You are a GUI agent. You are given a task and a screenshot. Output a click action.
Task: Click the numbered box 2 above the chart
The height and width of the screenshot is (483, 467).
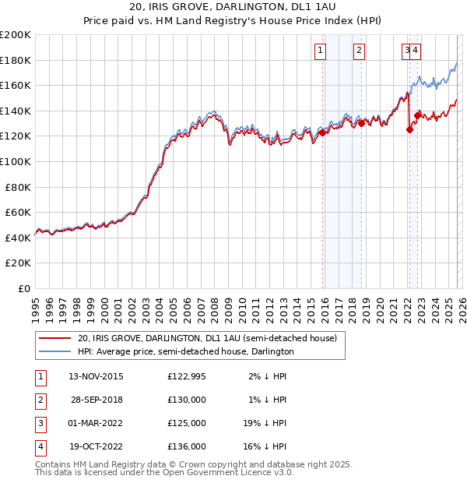click(359, 51)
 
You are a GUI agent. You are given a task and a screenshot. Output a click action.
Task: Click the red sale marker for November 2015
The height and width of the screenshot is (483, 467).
click(322, 133)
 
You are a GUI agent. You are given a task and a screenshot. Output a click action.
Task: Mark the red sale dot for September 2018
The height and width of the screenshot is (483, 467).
click(361, 123)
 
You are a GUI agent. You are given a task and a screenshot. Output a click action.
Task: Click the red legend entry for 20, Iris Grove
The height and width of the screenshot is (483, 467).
click(206, 338)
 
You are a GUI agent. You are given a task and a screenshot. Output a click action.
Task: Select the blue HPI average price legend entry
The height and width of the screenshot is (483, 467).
click(185, 351)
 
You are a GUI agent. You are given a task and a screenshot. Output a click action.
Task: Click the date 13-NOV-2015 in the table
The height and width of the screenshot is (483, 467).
click(96, 376)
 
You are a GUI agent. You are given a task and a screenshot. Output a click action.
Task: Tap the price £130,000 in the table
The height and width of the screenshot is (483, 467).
click(187, 400)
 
